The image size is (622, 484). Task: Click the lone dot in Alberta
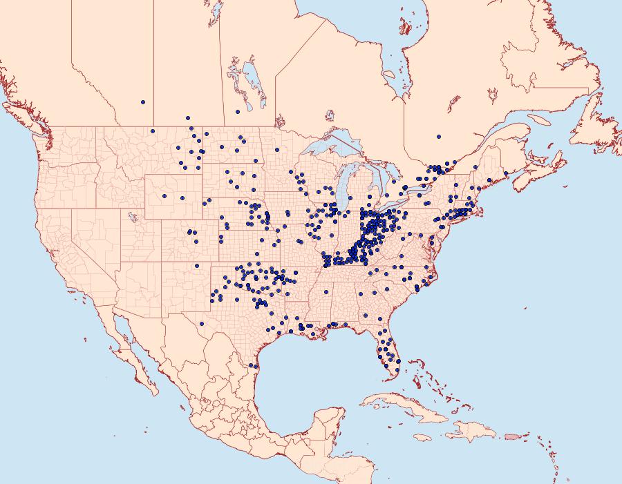[x=143, y=102]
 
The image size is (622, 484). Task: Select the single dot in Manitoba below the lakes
[x=237, y=111]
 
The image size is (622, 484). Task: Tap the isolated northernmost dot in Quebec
[x=438, y=136]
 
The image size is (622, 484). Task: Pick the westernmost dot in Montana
[x=153, y=131]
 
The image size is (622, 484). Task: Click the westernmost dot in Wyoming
[x=164, y=196]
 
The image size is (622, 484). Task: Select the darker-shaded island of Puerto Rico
[x=511, y=436]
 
